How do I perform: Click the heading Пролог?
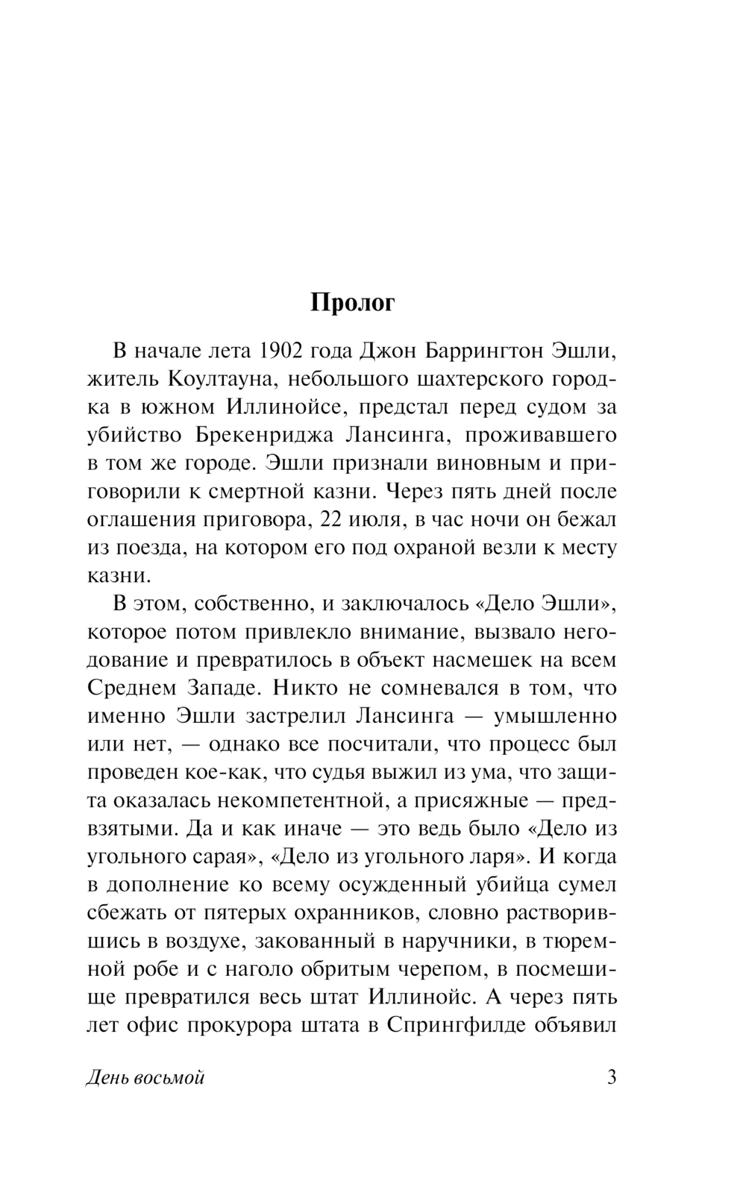[352, 304]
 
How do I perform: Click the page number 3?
[612, 1079]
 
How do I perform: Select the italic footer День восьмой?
[145, 1079]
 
